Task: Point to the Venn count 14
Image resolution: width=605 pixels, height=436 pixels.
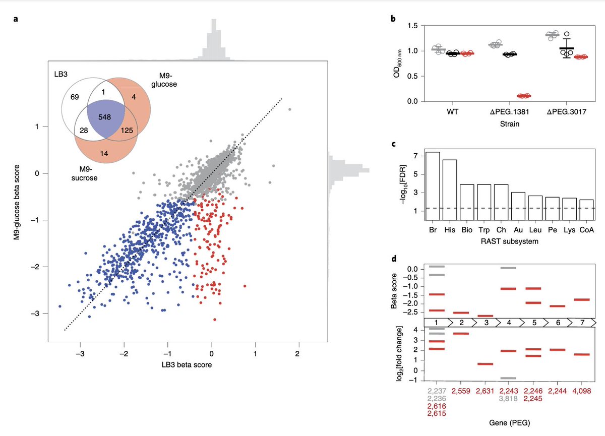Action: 104,153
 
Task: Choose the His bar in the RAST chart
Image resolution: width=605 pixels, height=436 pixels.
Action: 450,190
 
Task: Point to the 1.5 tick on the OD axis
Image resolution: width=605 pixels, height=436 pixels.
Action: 412,25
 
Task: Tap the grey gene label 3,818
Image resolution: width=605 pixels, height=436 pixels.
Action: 509,398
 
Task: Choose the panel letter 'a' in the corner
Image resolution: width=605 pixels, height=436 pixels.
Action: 16,20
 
